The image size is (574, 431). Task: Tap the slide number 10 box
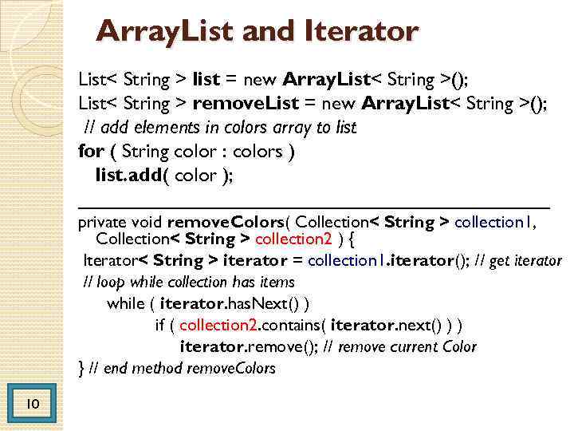[x=33, y=405]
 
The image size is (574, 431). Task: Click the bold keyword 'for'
[x=90, y=151]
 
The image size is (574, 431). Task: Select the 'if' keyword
[x=160, y=325]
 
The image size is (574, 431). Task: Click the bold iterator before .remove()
[x=212, y=346]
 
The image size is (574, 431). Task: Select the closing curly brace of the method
[x=81, y=368]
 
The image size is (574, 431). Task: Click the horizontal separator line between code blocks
[x=314, y=206]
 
